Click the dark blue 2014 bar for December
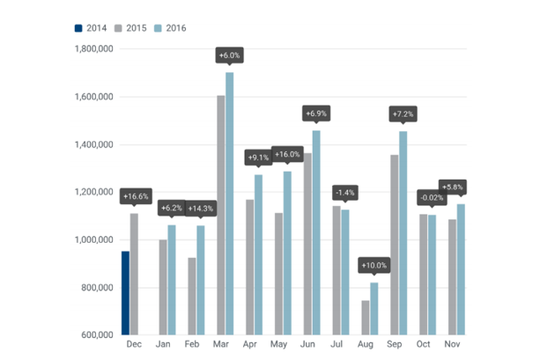tap(125, 293)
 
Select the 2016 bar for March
tap(230, 203)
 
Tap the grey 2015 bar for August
tap(365, 318)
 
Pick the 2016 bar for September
tap(403, 233)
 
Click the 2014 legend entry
tap(91, 28)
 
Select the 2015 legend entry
tap(133, 28)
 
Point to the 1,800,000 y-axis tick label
tap(92, 49)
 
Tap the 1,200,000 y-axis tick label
tap(92, 192)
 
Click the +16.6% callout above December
tap(136, 196)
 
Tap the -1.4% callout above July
tap(344, 191)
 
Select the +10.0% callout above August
tap(374, 265)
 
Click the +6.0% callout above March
tap(230, 55)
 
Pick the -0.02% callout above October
tap(432, 197)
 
